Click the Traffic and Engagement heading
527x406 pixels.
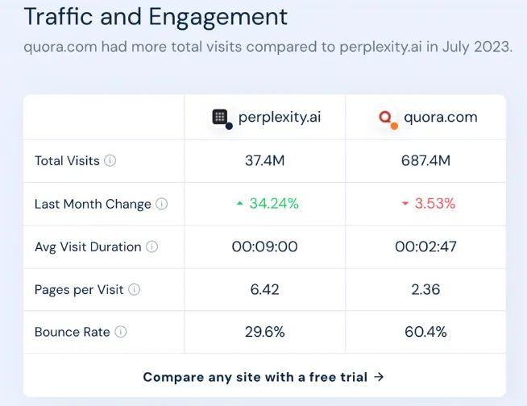(156, 17)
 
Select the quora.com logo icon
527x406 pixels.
(387, 118)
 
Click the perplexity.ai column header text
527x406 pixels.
(280, 117)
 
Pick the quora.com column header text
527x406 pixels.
(440, 117)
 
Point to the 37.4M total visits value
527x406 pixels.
(264, 160)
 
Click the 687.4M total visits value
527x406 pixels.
(425, 160)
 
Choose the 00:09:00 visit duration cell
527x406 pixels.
(264, 246)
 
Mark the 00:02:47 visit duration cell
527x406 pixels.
(425, 246)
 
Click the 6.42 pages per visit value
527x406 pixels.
(264, 289)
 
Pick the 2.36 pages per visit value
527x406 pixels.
(425, 289)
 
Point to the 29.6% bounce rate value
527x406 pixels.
(264, 332)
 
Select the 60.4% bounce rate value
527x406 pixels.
(425, 332)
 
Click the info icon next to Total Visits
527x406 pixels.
(110, 160)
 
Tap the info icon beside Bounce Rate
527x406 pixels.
(121, 332)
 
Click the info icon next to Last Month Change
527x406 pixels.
(161, 204)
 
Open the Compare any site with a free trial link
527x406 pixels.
(263, 376)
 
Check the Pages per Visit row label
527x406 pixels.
(79, 289)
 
